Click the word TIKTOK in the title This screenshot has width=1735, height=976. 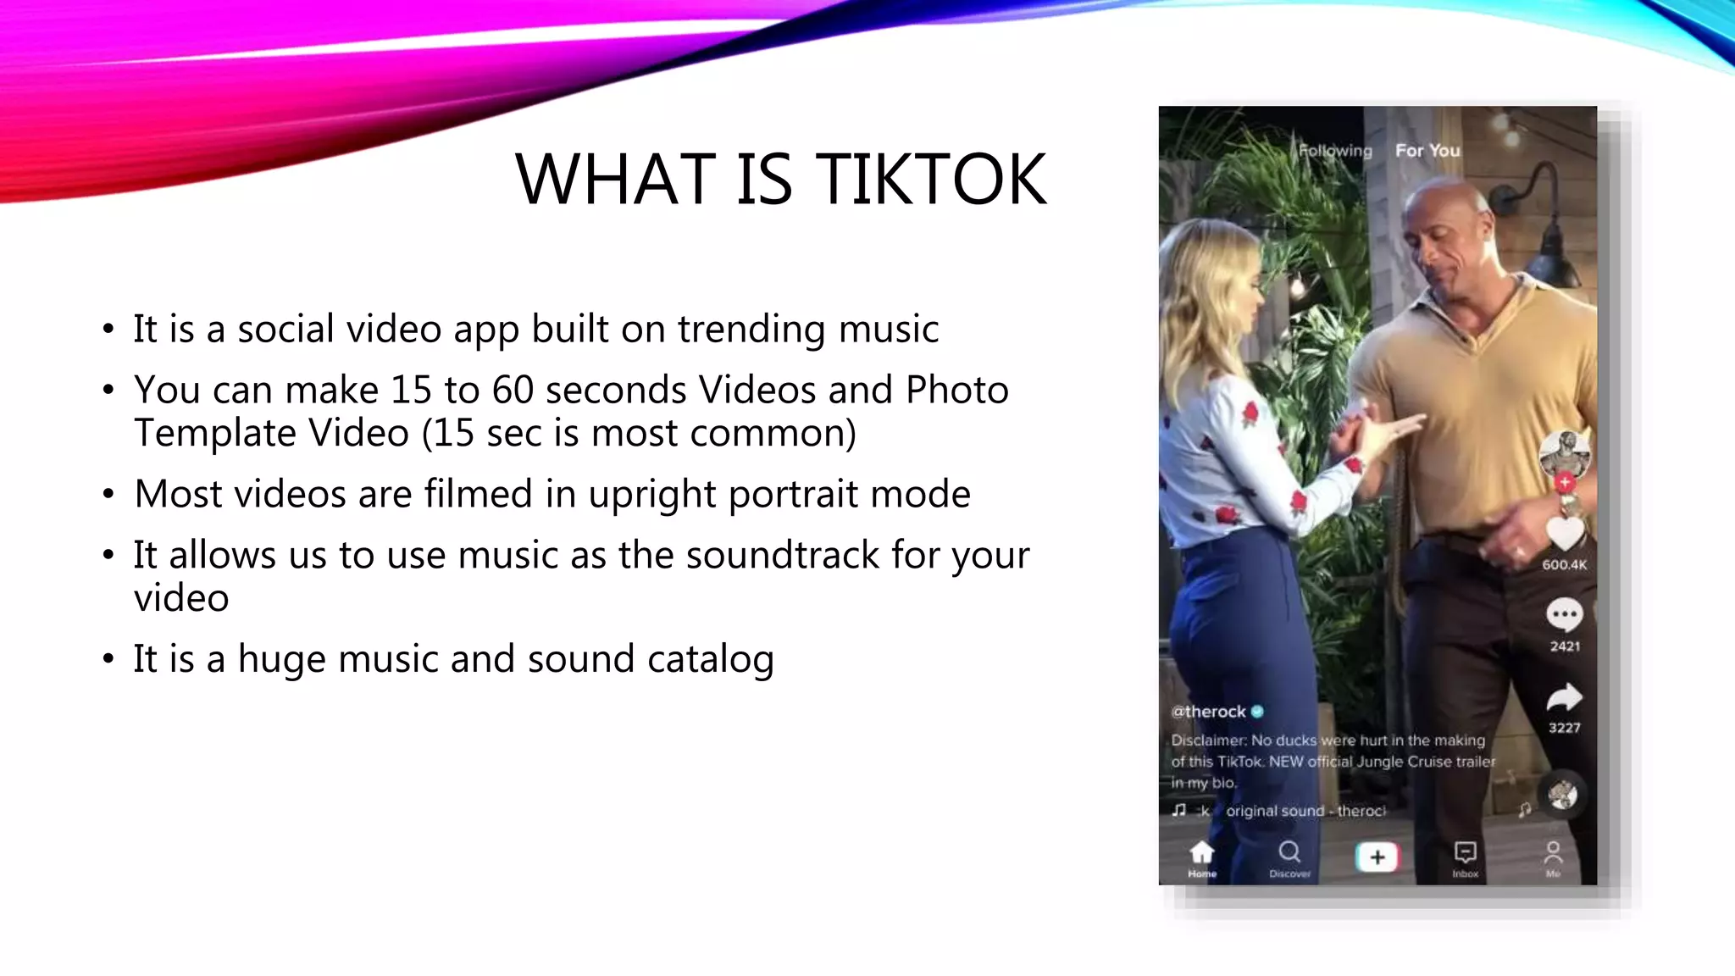[931, 180]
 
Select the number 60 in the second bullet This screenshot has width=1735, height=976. [513, 391]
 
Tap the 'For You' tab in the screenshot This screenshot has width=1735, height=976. [1427, 151]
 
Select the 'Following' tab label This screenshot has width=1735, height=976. [1335, 151]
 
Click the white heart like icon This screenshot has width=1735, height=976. [1564, 534]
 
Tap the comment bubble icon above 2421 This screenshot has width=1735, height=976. [1564, 614]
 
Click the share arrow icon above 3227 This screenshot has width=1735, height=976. [1564, 697]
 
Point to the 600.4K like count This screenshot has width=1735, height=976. [1564, 565]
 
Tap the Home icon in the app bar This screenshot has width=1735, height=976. [1201, 852]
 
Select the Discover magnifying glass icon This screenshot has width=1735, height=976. [1289, 852]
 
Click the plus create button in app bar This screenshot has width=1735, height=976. [1377, 857]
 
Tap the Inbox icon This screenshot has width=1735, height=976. [1466, 852]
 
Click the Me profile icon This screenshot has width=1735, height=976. [1553, 852]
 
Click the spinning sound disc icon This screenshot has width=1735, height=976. [1563, 795]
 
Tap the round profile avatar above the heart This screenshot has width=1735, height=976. [1564, 453]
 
